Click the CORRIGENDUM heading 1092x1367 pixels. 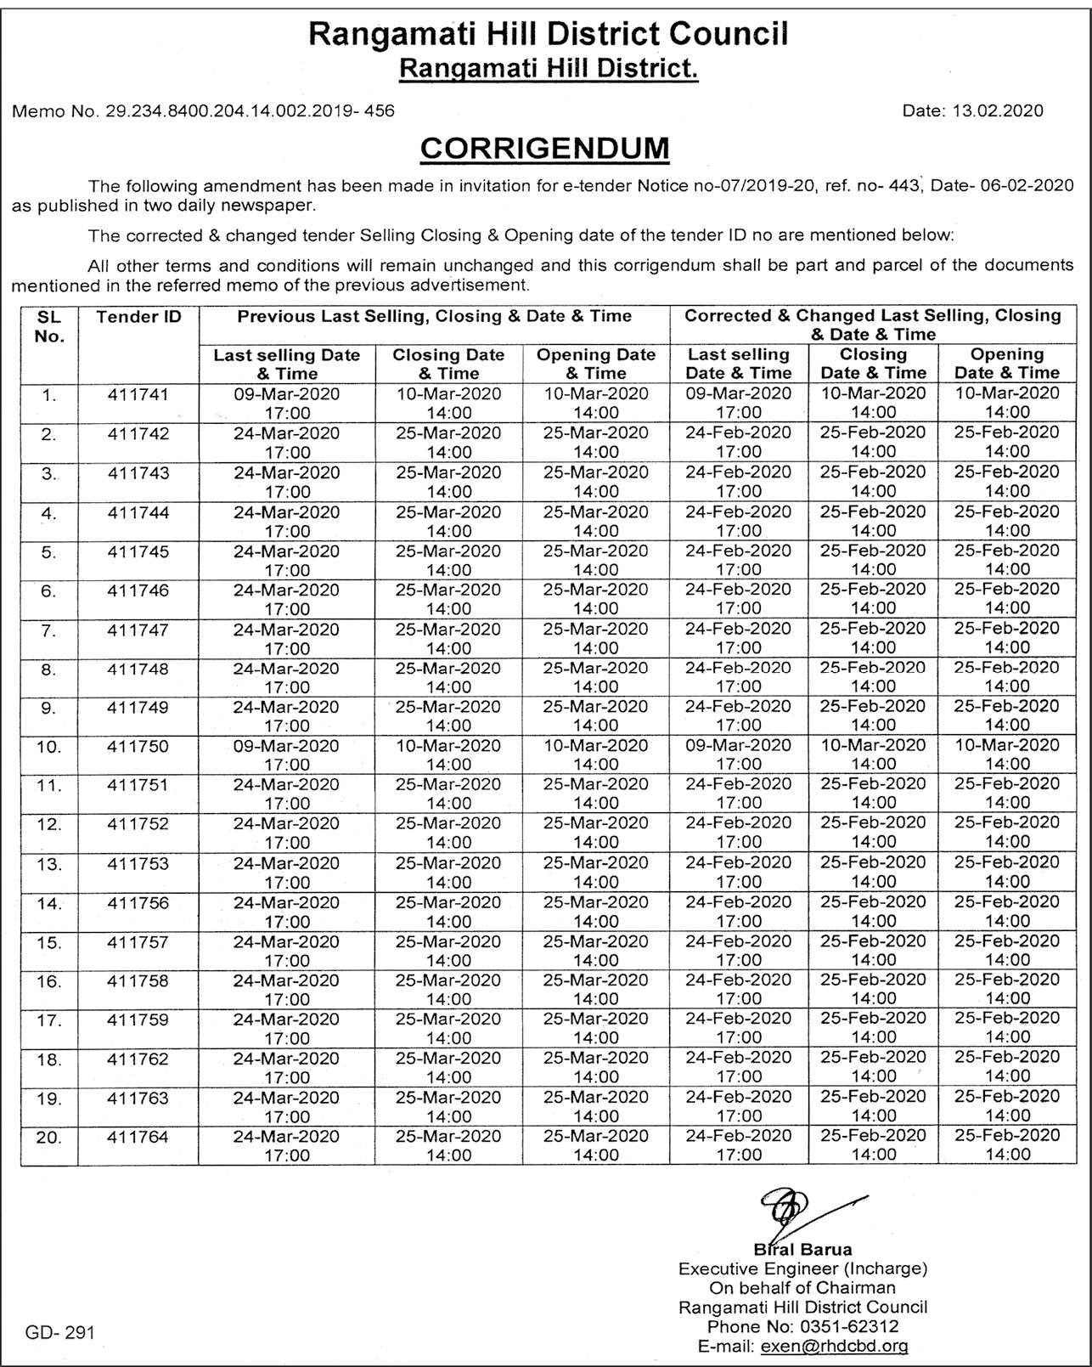tap(544, 148)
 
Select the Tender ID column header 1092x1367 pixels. tap(138, 317)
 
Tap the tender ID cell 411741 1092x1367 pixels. tap(138, 395)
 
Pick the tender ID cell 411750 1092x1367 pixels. tap(138, 747)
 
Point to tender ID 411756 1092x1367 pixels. tap(138, 903)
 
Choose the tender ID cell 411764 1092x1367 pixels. tap(138, 1137)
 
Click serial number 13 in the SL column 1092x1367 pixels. tap(49, 864)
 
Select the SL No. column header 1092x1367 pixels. tap(49, 326)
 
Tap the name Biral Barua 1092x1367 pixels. tap(802, 1249)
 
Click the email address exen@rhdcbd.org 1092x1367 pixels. tap(834, 1346)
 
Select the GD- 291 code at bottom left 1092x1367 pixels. tap(59, 1332)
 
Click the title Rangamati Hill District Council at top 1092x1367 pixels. tap(549, 34)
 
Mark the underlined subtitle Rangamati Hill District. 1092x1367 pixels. tap(549, 68)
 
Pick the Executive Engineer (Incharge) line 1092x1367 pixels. tap(802, 1268)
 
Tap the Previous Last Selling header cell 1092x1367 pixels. tap(434, 317)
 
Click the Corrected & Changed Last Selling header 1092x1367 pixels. tap(873, 325)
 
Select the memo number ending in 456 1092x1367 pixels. tap(203, 110)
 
